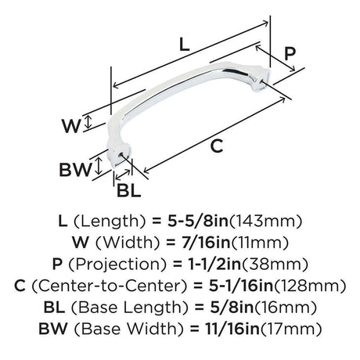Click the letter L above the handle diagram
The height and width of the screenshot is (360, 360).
coord(185,45)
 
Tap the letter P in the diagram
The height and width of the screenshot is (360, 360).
coord(290,54)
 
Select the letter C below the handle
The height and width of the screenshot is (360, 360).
coord(217,146)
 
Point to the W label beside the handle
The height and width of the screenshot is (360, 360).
coord(71,126)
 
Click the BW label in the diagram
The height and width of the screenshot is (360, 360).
coord(75,170)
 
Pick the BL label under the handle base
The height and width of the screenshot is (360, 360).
coord(128,190)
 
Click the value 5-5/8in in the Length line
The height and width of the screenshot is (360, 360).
coord(198,221)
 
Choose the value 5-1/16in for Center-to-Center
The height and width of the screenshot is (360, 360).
coord(240,286)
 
